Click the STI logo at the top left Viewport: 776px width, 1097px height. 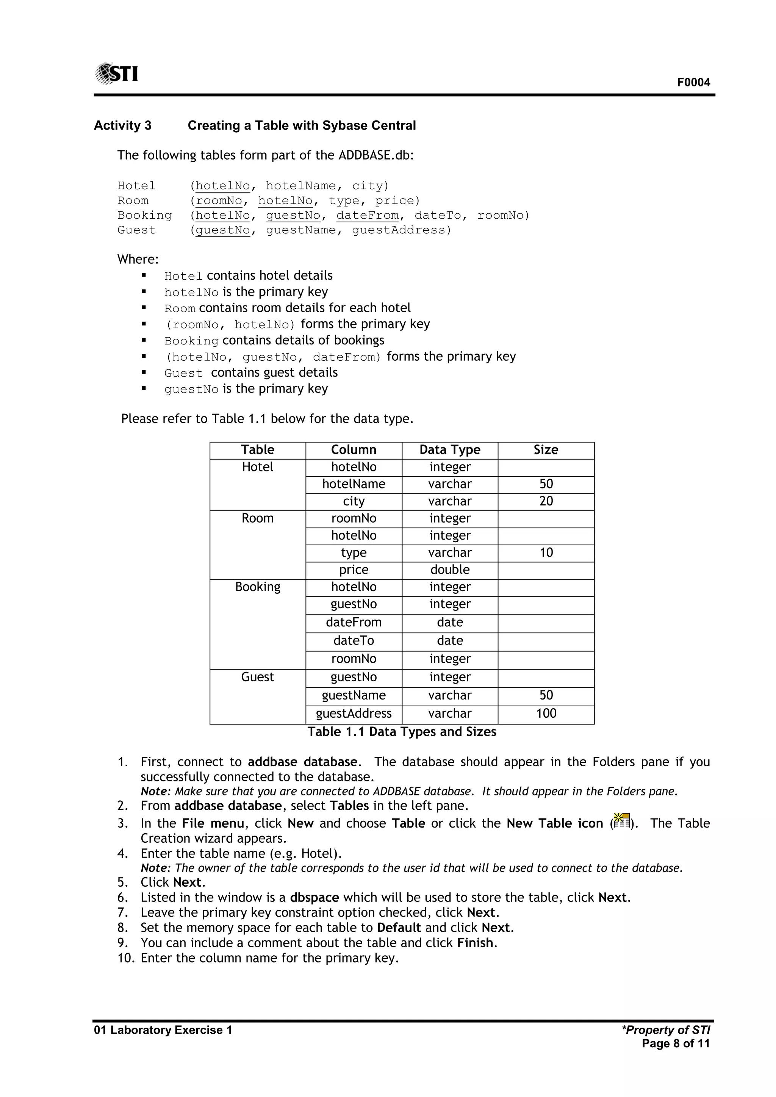pos(117,74)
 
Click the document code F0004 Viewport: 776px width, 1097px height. pos(693,82)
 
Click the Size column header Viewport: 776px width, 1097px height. pos(546,449)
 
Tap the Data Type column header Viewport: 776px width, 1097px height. pos(450,449)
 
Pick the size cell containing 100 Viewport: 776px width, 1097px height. pos(546,714)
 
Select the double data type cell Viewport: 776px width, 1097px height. pos(450,570)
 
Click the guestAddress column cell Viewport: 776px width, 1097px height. pos(354,714)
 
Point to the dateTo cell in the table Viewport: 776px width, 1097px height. pos(354,640)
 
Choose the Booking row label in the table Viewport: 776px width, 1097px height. pos(258,587)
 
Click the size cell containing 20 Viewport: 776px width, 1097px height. pos(546,501)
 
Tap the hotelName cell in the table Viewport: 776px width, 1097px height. pos(354,484)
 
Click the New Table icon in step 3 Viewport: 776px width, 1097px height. pos(621,821)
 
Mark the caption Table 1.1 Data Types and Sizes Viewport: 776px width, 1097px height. pos(402,731)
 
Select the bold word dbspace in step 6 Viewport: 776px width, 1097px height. pos(314,897)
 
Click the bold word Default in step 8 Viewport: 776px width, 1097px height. pos(399,927)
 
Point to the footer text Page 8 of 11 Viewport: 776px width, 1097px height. pos(676,1044)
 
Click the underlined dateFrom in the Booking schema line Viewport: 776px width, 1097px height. pos(368,216)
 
